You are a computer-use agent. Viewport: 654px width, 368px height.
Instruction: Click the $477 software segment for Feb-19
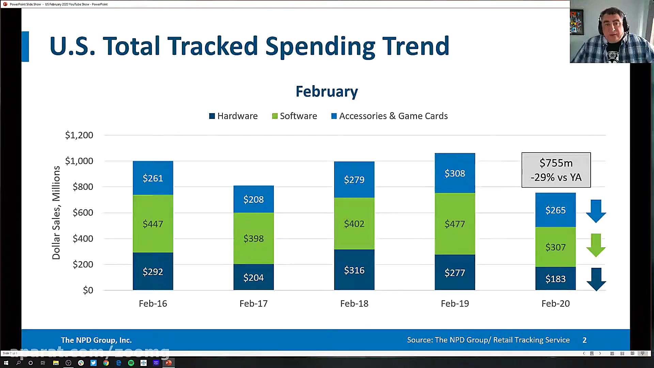tap(455, 224)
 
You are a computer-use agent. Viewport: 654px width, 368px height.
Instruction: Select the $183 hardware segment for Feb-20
tap(555, 279)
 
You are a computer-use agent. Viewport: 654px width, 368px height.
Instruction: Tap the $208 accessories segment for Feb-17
tap(253, 199)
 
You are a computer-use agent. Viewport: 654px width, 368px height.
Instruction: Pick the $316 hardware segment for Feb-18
tap(354, 270)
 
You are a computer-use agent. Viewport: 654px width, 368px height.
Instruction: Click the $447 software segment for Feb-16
tap(153, 224)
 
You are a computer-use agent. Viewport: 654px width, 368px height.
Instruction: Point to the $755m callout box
tap(556, 170)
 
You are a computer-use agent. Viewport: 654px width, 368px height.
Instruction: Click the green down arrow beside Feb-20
tap(596, 245)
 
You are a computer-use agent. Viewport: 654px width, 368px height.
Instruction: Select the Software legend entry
tap(295, 116)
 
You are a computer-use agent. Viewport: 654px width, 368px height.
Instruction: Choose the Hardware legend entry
tap(233, 116)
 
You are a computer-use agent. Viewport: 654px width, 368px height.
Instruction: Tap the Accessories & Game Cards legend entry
tap(389, 116)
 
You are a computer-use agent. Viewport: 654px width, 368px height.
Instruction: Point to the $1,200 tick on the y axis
tap(79, 135)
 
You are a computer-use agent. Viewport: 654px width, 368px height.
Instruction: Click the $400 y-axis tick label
tap(83, 239)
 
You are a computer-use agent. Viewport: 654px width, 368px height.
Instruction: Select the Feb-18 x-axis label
tap(354, 304)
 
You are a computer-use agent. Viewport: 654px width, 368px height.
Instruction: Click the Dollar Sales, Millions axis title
tap(56, 213)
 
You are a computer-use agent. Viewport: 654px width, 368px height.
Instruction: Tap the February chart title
tap(327, 91)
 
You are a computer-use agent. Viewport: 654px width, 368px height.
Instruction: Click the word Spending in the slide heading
tap(320, 46)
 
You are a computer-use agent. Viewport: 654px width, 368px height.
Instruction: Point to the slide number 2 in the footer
tap(585, 340)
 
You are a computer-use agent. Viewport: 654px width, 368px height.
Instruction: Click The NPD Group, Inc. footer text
tap(96, 340)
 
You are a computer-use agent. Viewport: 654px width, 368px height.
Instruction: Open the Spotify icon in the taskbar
tap(131, 363)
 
